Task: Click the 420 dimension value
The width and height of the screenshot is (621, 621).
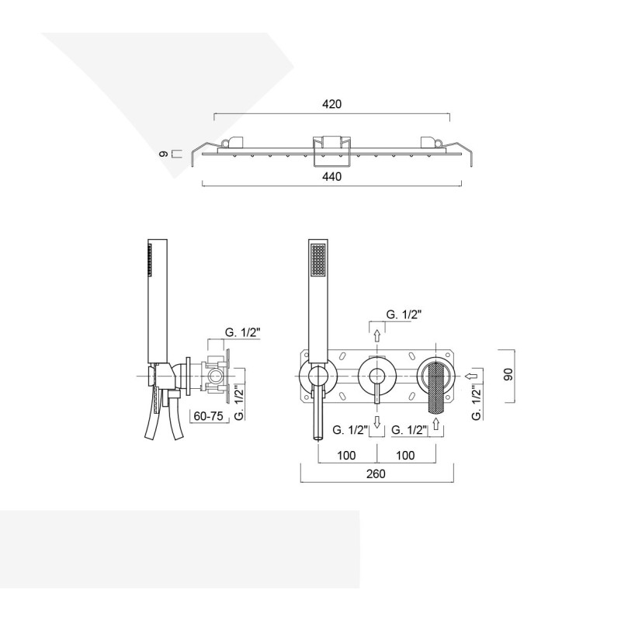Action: [x=331, y=104]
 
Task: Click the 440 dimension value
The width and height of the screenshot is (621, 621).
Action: [x=331, y=177]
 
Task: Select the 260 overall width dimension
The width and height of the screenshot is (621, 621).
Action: [x=376, y=474]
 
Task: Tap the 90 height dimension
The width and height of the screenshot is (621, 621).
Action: [x=508, y=374]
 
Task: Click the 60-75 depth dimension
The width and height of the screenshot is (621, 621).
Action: [x=208, y=416]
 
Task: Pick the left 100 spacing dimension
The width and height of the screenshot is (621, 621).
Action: [x=346, y=456]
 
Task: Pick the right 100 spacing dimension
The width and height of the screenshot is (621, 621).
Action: [x=405, y=456]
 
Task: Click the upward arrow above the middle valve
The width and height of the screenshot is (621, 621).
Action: [x=377, y=336]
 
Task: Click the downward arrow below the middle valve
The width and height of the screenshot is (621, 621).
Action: [x=377, y=422]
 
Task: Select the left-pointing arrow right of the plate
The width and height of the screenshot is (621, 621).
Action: [x=472, y=375]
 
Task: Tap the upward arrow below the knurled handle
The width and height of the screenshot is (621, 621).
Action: [x=436, y=424]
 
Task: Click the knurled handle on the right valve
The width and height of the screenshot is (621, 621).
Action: [x=436, y=387]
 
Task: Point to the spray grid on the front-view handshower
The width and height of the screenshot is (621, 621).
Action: [x=318, y=259]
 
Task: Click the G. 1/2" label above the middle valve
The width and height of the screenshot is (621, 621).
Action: [x=404, y=314]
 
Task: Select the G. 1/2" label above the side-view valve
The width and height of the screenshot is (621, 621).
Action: [x=242, y=333]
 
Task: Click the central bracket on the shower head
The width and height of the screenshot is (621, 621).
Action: [x=331, y=151]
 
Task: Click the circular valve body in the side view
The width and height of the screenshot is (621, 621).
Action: [x=216, y=375]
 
